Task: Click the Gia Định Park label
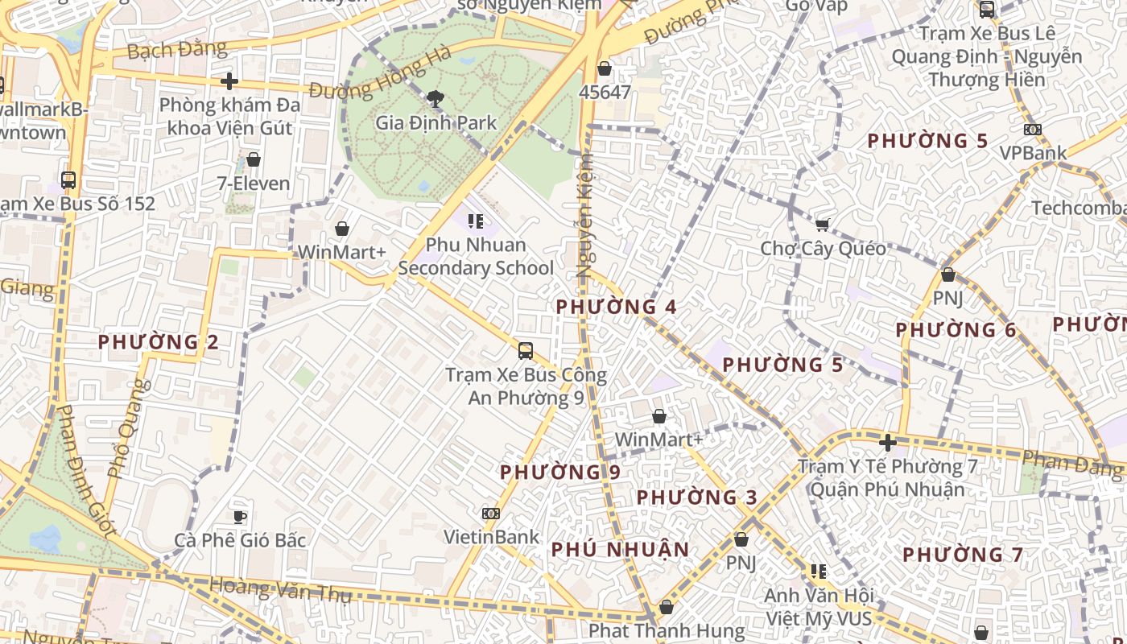[x=436, y=123]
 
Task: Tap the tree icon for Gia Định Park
[x=436, y=99]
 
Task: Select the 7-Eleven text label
[x=254, y=184]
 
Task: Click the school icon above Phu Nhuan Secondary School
[x=476, y=221]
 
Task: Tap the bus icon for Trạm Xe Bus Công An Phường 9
[x=526, y=351]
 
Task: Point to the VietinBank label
[x=492, y=537]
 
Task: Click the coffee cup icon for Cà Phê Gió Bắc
[x=239, y=516]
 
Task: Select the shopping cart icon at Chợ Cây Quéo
[x=822, y=225]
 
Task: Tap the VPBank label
[x=1033, y=153]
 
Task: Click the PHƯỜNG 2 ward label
[x=159, y=342]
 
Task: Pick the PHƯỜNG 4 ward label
[x=617, y=307]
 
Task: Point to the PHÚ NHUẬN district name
[x=620, y=550]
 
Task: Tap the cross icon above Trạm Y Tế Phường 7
[x=887, y=443]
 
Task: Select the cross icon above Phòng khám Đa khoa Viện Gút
[x=229, y=81]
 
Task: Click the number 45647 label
[x=605, y=93]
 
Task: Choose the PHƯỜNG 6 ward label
[x=956, y=330]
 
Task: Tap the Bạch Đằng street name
[x=177, y=50]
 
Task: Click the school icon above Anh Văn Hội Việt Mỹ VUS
[x=818, y=572]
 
